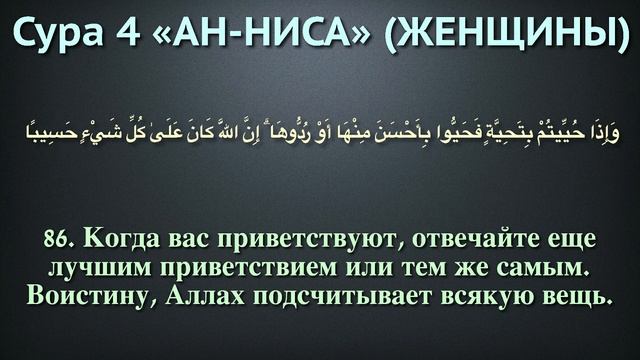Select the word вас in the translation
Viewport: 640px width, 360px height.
click(x=187, y=240)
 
